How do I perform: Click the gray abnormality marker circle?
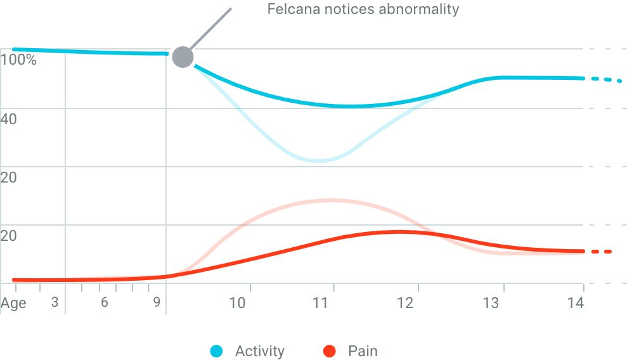[182, 58]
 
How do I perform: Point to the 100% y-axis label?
[19, 61]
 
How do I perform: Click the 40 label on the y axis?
[9, 119]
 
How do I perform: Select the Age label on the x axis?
[13, 303]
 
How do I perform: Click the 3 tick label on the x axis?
[55, 302]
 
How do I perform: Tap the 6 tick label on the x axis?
[105, 302]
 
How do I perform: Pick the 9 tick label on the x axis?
[157, 302]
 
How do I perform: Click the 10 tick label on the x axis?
[238, 302]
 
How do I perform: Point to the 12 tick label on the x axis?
[406, 302]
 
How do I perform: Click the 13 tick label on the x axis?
[491, 302]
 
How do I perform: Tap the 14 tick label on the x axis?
[574, 302]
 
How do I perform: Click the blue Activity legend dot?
[217, 350]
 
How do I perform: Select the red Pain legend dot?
[329, 350]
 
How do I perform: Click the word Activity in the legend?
[259, 350]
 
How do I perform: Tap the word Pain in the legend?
[363, 350]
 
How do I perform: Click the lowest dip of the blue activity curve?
[319, 161]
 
